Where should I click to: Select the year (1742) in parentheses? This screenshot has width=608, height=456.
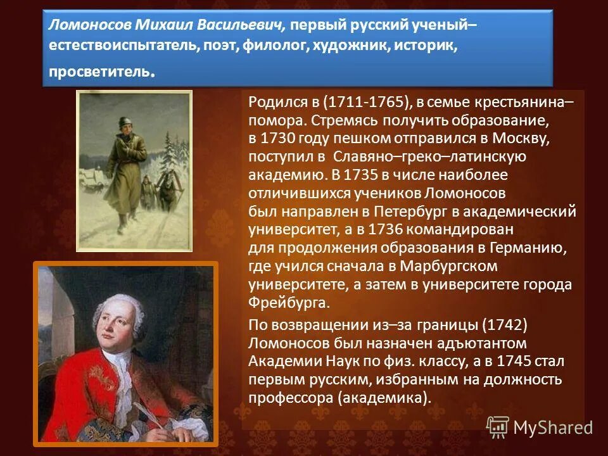(x=504, y=326)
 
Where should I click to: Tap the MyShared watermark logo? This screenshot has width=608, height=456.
(x=540, y=427)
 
